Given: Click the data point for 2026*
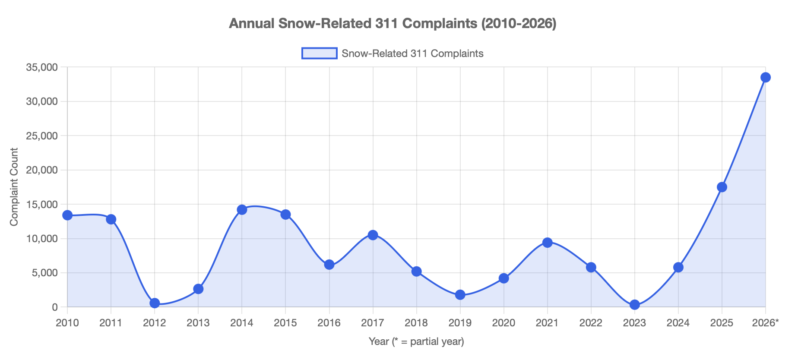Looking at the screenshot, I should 765,77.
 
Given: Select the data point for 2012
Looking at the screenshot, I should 155,303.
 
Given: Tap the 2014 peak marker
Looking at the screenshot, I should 242,210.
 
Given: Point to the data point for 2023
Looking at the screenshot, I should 634,305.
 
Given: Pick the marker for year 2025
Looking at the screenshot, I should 722,187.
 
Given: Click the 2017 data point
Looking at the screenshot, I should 373,235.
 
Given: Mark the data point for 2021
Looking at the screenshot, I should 547,243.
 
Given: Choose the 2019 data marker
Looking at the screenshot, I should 460,295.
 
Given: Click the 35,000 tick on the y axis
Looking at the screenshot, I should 42,67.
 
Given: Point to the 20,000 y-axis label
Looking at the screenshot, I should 42,170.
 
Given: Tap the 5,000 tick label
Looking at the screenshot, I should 44,273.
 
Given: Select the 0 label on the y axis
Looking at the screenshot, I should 54,307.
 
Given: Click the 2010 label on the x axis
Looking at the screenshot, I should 67,323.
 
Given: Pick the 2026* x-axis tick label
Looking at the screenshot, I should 765,323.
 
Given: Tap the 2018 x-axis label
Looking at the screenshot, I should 416,323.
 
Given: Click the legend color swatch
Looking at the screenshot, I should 319,54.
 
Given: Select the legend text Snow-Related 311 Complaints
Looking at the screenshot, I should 412,54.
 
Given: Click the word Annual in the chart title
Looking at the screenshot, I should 252,23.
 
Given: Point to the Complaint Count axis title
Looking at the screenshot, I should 14,186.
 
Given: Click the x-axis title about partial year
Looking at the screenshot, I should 416,341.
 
